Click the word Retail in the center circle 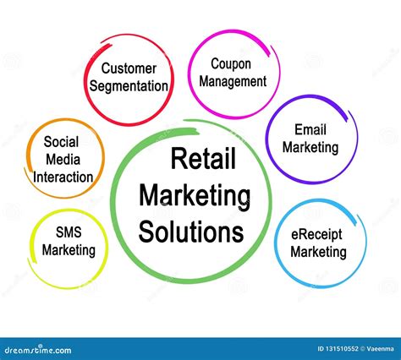(203, 159)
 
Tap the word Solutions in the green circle (191, 232)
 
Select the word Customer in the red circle (129, 68)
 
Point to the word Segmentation (129, 86)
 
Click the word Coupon (231, 64)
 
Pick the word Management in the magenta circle (233, 82)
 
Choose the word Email (310, 130)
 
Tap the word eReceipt (316, 235)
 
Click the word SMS (69, 232)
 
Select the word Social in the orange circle (61, 142)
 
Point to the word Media (63, 160)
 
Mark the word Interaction (63, 177)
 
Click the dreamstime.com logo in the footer (38, 350)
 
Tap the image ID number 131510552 (342, 349)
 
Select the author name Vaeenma (380, 349)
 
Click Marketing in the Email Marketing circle (310, 148)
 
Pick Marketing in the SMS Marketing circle (69, 250)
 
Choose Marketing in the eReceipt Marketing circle (318, 252)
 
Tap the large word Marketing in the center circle (195, 196)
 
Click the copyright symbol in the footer (362, 349)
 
